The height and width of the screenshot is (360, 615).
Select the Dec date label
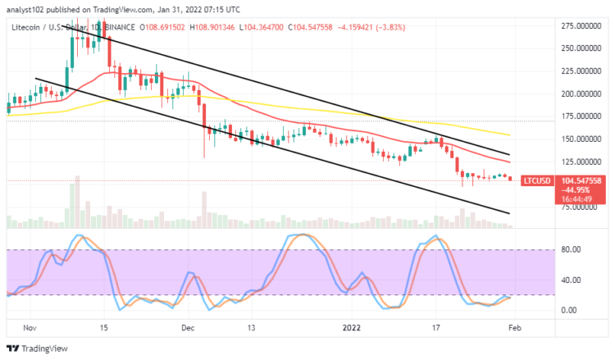click(x=187, y=326)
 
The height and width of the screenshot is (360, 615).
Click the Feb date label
click(x=512, y=326)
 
